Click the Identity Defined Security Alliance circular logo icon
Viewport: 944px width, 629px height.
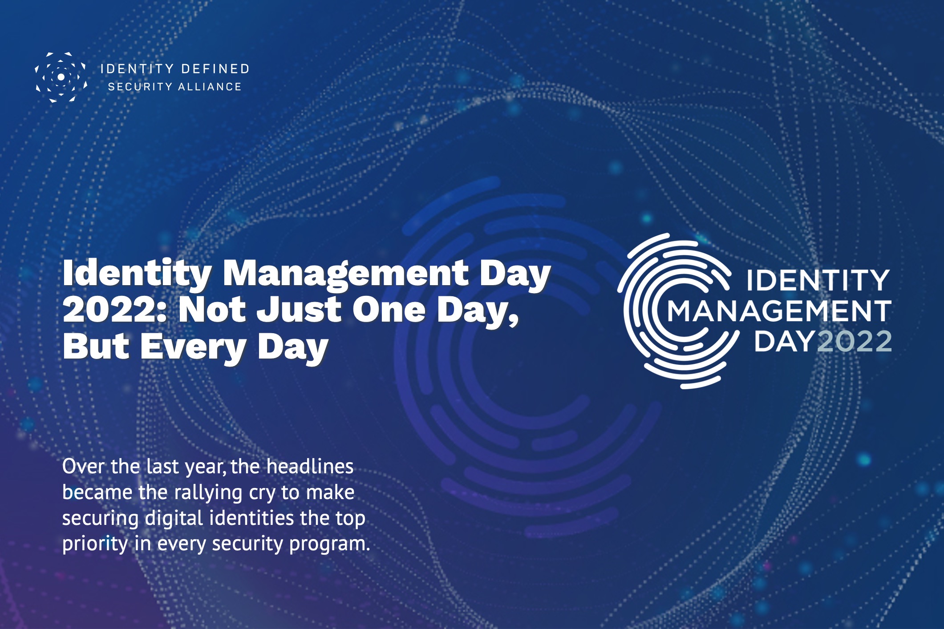(x=61, y=77)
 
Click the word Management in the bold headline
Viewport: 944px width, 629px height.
(x=345, y=273)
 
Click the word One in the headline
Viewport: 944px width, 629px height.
(x=389, y=310)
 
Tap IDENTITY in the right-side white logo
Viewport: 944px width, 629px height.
(x=818, y=280)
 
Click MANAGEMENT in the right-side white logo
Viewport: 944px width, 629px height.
(x=779, y=311)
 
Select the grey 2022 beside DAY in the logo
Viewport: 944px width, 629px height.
(x=855, y=342)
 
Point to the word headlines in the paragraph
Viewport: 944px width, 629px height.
(x=310, y=467)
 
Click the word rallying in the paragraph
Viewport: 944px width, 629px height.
(x=208, y=492)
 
